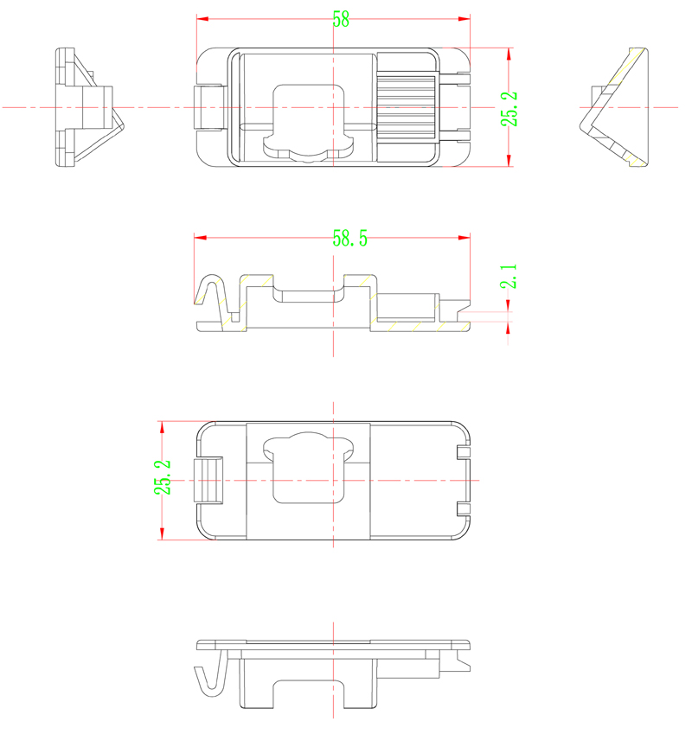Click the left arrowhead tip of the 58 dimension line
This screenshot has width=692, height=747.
pyautogui.click(x=197, y=19)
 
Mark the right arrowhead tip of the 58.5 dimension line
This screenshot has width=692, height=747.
pyautogui.click(x=470, y=237)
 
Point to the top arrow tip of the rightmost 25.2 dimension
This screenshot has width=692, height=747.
pyautogui.click(x=509, y=48)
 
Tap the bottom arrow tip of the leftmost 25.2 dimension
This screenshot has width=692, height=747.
pyautogui.click(x=162, y=539)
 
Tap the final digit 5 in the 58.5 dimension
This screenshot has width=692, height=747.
pyautogui.click(x=363, y=239)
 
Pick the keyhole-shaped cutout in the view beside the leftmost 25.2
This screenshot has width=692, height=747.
pyautogui.click(x=308, y=468)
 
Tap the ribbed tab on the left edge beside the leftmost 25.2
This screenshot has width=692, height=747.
pyautogui.click(x=208, y=480)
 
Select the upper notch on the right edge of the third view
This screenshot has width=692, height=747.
pyautogui.click(x=464, y=452)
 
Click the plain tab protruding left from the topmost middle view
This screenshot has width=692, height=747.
pyautogui.click(x=208, y=107)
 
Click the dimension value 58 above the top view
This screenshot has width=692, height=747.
pyautogui.click(x=341, y=20)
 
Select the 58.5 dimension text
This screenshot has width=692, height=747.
pyautogui.click(x=349, y=239)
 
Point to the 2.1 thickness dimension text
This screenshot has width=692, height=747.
pyautogui.click(x=509, y=277)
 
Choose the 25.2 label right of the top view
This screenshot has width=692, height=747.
pyautogui.click(x=509, y=109)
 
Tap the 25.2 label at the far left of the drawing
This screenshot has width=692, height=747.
pyautogui.click(x=162, y=477)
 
